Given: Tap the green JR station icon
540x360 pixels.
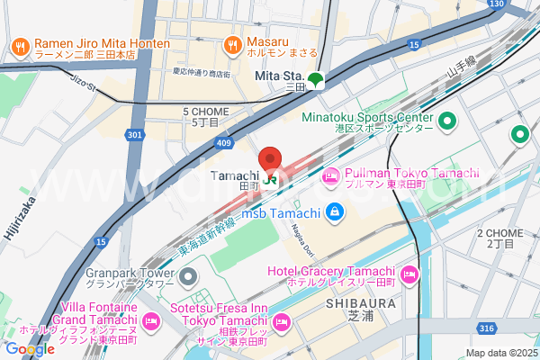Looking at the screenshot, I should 271,179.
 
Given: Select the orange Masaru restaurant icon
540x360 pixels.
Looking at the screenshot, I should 232,43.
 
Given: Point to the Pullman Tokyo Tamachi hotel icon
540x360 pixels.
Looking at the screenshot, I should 330,177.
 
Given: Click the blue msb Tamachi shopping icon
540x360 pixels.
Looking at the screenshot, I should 335,212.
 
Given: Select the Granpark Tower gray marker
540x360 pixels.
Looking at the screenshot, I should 187,273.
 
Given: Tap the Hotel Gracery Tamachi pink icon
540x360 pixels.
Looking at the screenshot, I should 409,273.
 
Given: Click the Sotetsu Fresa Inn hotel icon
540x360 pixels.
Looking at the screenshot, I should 280,321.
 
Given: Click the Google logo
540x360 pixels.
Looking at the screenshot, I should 29,349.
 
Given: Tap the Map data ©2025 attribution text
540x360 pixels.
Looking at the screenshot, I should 500,353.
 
